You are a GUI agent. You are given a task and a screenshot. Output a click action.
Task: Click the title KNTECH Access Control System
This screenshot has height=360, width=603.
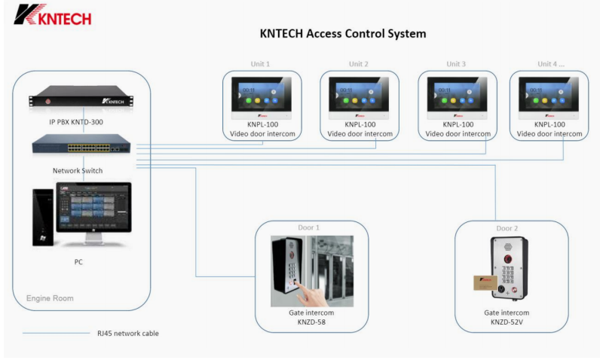pyautogui.click(x=343, y=34)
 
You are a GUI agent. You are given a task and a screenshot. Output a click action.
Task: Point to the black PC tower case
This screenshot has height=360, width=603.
pyautogui.click(x=42, y=219)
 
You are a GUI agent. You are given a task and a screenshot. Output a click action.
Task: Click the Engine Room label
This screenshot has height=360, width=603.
pyautogui.click(x=50, y=299)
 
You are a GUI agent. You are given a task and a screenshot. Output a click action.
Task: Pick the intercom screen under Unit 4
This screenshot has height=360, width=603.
pyautogui.click(x=547, y=96)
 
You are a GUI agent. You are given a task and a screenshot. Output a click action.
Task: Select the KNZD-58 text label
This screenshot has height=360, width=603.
pyautogui.click(x=311, y=322)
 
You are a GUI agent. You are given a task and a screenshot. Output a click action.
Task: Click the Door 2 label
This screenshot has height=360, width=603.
pyautogui.click(x=507, y=228)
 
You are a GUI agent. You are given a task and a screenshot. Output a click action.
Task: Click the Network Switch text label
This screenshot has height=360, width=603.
pyautogui.click(x=78, y=171)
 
